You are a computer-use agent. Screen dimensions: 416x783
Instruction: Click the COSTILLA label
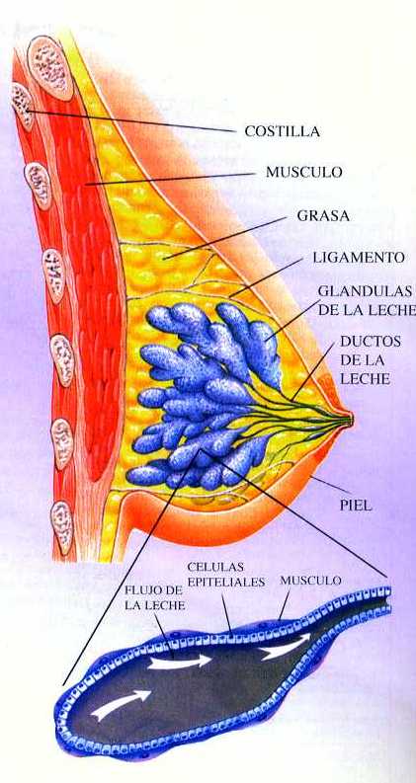[x=282, y=131]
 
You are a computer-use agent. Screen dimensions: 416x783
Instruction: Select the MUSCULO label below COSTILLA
[x=304, y=172]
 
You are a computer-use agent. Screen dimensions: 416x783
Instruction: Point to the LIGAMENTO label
[x=359, y=258]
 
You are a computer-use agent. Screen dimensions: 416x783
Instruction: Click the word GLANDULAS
[x=365, y=290]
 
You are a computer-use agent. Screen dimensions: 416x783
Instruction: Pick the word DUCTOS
[x=371, y=342]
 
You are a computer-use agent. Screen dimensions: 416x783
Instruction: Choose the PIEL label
[x=356, y=505]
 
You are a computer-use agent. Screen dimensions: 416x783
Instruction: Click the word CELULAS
[x=215, y=568]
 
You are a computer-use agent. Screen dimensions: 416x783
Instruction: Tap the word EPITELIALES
[x=226, y=582]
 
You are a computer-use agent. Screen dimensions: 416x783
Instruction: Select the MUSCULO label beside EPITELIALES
[x=310, y=581]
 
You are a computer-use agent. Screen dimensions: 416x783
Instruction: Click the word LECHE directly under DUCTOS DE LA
[x=365, y=378]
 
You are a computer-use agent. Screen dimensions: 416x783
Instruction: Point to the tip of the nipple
[x=352, y=419]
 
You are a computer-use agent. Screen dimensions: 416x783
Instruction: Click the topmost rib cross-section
[x=50, y=67]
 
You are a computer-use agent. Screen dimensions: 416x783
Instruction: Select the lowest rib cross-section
[x=62, y=527]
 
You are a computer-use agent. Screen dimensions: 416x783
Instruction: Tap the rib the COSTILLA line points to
[x=23, y=107]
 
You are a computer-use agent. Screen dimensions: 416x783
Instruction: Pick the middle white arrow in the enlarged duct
[x=180, y=663]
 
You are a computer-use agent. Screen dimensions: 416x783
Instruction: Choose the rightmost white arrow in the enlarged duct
[x=285, y=647]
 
